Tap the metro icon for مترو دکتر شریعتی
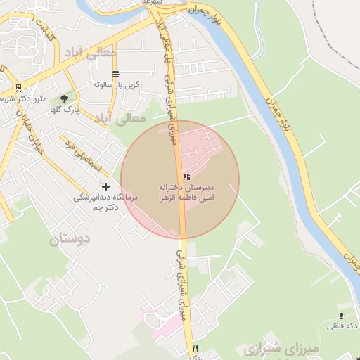coord(17,88)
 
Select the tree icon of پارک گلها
coord(65,98)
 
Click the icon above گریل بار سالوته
coord(115,74)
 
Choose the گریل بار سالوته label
coord(117,84)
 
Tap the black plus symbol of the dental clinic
coord(105,186)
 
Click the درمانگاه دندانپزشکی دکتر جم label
coord(105,202)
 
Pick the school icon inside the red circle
coord(186,176)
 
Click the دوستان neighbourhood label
coord(70,239)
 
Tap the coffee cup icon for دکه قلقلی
coord(342,316)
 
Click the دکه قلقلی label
coord(342,326)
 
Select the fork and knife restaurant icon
coord(195,348)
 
